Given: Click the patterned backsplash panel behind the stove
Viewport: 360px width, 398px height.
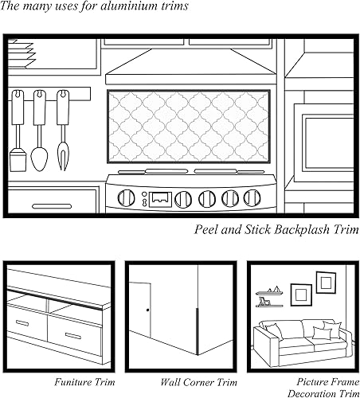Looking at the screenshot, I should (x=190, y=126).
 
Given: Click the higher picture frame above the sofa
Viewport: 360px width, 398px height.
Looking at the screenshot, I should (x=326, y=283).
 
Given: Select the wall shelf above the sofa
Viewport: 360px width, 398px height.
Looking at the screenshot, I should (x=271, y=303).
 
